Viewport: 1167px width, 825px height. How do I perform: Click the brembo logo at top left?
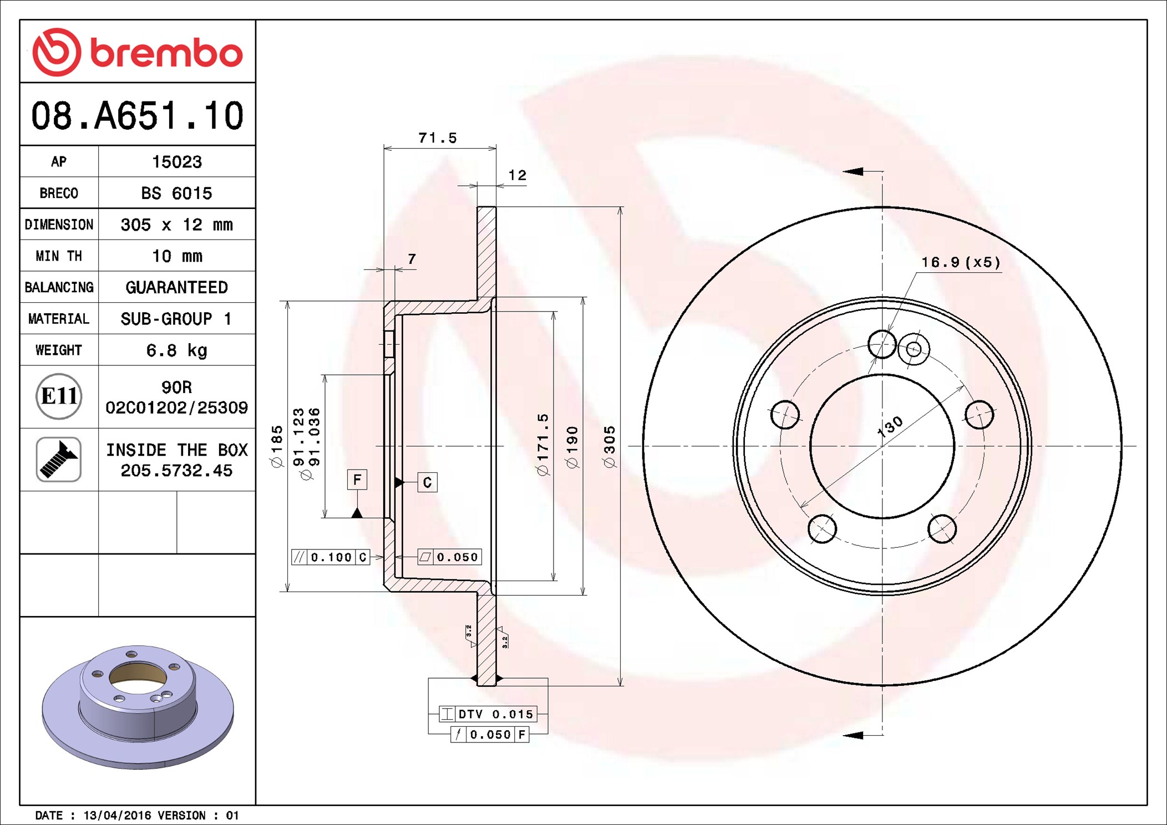138,52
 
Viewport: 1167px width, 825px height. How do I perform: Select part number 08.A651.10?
138,116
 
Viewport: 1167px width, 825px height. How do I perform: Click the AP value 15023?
177,162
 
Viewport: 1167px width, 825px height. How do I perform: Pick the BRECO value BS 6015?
176,193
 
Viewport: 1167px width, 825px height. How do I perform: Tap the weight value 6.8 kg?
176,350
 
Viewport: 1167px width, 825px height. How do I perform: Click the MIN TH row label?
59,256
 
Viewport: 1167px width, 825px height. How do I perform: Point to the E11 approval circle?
59,396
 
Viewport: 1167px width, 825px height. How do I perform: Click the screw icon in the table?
59,459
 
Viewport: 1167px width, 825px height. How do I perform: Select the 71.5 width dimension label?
438,138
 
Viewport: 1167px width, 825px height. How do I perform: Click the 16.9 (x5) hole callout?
961,262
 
